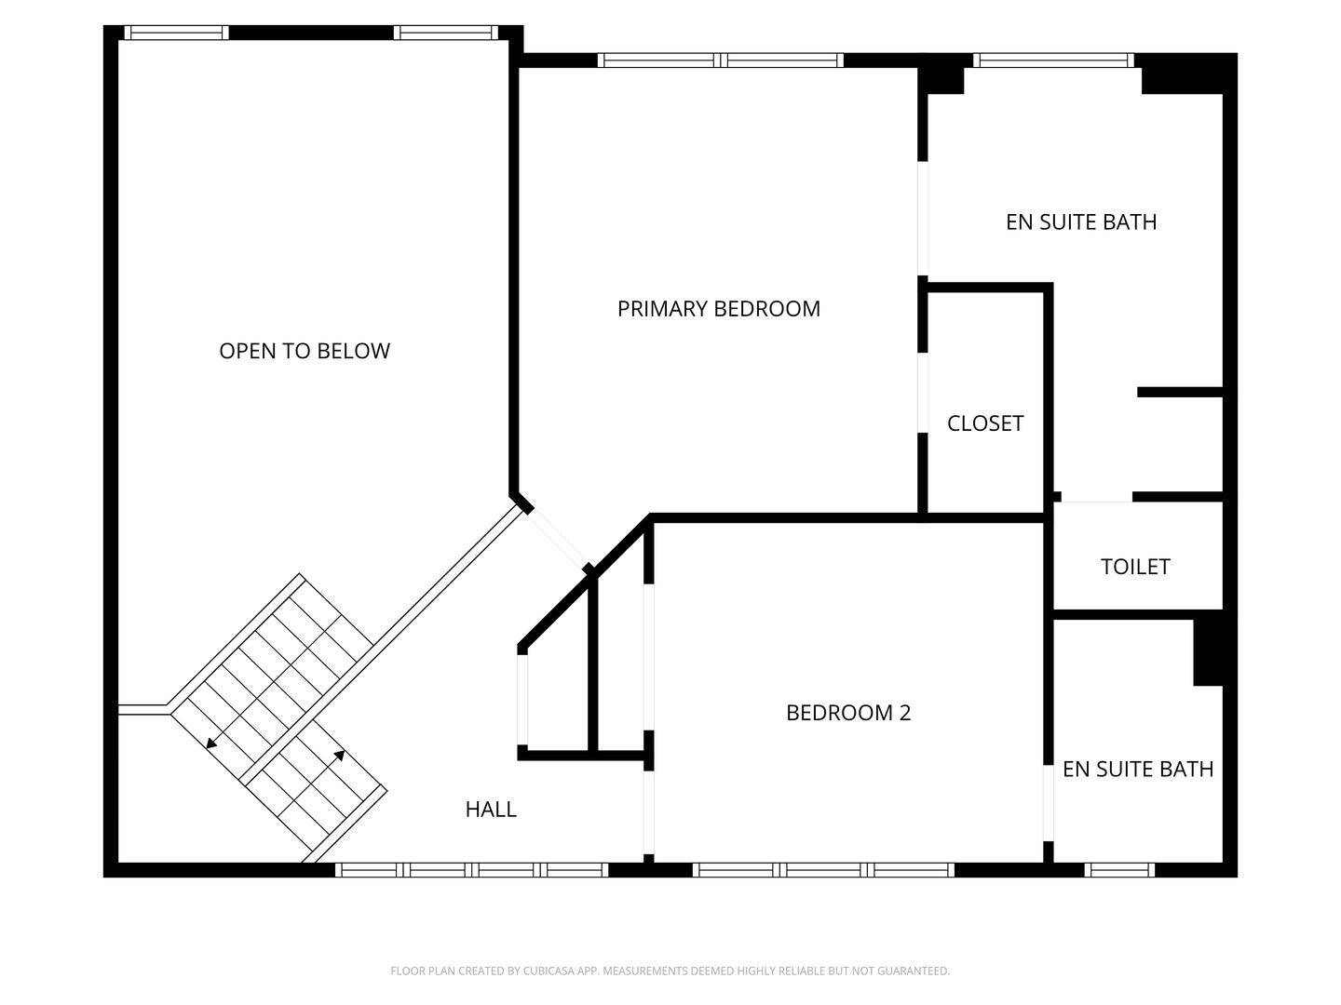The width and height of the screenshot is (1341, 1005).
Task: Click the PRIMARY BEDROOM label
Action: click(718, 309)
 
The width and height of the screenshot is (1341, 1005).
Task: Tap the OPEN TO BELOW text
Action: click(304, 351)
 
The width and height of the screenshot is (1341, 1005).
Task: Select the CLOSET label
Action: click(984, 423)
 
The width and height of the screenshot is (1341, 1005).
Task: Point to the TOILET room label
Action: click(1134, 567)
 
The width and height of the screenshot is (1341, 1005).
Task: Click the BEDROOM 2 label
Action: click(847, 713)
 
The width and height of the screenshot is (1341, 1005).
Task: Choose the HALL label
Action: click(491, 810)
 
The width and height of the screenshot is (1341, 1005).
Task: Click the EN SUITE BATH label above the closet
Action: click(1080, 222)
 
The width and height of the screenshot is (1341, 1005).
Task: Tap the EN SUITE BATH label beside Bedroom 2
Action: click(1137, 770)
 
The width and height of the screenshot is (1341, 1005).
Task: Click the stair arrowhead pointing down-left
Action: click(212, 743)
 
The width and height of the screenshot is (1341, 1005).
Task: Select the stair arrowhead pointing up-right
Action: click(340, 755)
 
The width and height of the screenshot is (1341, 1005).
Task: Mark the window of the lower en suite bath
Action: click(1119, 870)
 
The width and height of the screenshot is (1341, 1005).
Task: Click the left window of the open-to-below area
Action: click(176, 33)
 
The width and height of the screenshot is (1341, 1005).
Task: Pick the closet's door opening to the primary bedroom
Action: click(922, 393)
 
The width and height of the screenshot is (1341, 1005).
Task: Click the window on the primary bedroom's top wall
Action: click(720, 60)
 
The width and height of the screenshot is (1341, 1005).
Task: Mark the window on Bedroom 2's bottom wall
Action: click(824, 870)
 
